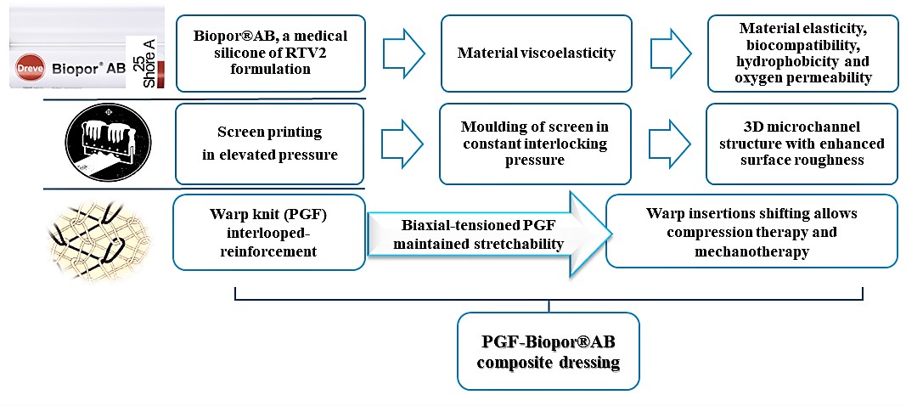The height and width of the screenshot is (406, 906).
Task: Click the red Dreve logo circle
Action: pos(31,67)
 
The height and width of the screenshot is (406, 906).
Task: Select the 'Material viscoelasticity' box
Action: pos(536,54)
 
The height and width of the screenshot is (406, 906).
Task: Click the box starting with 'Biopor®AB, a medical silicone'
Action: pos(270,54)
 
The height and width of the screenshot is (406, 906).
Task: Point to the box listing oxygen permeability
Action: pos(803,54)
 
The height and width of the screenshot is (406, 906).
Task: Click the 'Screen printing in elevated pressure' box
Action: pos(269,144)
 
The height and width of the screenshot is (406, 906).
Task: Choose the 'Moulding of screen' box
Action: pos(534,144)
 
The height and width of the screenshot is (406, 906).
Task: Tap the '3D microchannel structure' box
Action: pos(802,144)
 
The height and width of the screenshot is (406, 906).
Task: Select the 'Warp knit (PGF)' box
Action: pos(269,233)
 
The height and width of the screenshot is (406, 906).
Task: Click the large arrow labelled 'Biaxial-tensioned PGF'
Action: pos(489,233)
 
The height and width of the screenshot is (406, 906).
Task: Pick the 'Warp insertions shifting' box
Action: pos(751,231)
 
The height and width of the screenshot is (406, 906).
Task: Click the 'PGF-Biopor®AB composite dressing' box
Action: pos(549,351)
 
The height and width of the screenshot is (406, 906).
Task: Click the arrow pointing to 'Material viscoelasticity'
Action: pos(403,54)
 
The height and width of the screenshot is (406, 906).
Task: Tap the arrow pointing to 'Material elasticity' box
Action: pos(672,54)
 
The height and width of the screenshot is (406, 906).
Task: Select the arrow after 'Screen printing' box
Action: pos(402,144)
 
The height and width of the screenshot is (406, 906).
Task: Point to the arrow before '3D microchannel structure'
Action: pos(670,144)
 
